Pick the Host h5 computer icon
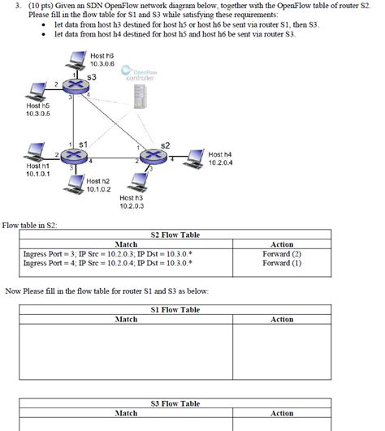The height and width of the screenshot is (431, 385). [37, 89]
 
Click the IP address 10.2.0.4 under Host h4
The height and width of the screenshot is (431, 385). [221, 162]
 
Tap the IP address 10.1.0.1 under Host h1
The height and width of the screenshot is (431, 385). [37, 174]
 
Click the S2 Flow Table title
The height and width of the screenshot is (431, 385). [175, 235]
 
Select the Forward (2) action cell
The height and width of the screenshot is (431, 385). [281, 253]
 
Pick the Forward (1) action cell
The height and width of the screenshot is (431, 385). [281, 262]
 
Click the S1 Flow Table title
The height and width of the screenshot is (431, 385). [175, 309]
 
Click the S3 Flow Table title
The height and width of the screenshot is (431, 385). [175, 403]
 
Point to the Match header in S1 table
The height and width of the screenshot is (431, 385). [126, 319]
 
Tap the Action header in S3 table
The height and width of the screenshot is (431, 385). [281, 413]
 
